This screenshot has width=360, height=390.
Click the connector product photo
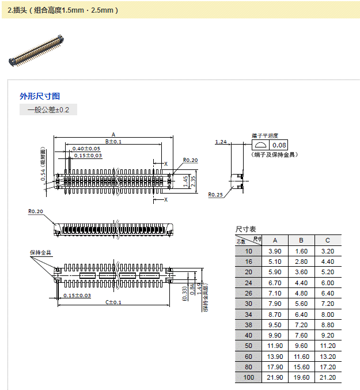pyautogui.click(x=36, y=50)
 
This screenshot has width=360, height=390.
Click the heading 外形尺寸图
pyautogui.click(x=40, y=96)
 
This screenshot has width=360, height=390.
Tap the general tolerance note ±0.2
pyautogui.click(x=48, y=110)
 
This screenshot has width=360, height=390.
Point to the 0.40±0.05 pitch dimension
pyautogui.click(x=86, y=149)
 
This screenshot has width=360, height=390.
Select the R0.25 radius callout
pyautogui.click(x=216, y=195)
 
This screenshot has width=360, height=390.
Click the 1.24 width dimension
pyautogui.click(x=221, y=142)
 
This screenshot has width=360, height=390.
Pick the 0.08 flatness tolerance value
pyautogui.click(x=279, y=145)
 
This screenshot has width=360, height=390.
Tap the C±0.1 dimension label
pyautogui.click(x=113, y=302)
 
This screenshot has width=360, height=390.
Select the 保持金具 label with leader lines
pyautogui.click(x=40, y=252)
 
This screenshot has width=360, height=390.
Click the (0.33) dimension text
pyautogui.click(x=184, y=293)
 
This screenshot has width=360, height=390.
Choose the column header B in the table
pyautogui.click(x=301, y=240)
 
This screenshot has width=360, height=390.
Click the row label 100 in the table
pyautogui.click(x=248, y=377)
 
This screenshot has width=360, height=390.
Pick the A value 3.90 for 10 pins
pyautogui.click(x=275, y=251)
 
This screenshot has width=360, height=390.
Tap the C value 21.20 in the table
pyautogui.click(x=328, y=377)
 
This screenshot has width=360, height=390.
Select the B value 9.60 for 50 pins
pyautogui.click(x=301, y=346)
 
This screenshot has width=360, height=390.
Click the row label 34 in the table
pyautogui.click(x=248, y=314)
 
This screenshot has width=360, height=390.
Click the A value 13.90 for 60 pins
pyautogui.click(x=275, y=357)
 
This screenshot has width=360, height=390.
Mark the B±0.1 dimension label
pyautogui.click(x=113, y=142)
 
